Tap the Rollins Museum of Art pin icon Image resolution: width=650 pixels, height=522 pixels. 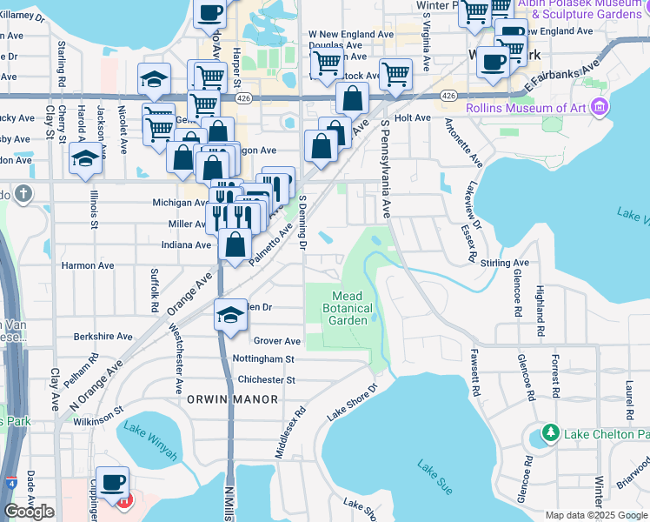point(597,107)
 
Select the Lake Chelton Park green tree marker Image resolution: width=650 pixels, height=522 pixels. point(549,432)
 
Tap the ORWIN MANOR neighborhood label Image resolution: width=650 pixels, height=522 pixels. point(232,399)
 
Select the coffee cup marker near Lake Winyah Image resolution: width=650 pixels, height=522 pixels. point(111,482)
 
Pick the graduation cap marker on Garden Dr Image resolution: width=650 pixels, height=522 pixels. point(229,315)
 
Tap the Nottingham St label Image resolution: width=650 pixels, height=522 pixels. point(264,358)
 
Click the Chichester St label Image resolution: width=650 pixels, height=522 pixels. point(267,379)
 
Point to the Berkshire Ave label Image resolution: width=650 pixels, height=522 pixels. point(104,336)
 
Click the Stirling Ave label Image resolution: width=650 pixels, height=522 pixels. point(503,262)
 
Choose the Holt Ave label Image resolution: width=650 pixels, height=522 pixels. point(412,117)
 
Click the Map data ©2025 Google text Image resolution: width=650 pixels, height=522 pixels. point(595,515)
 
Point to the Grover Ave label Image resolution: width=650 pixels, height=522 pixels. point(277,341)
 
